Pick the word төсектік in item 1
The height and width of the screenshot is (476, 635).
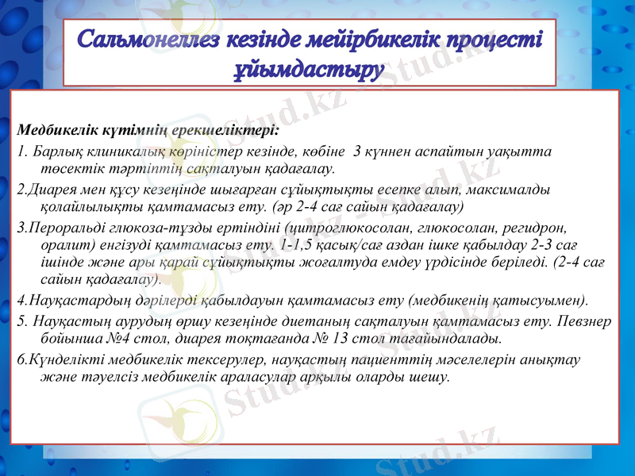pyautogui.click(x=67, y=168)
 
